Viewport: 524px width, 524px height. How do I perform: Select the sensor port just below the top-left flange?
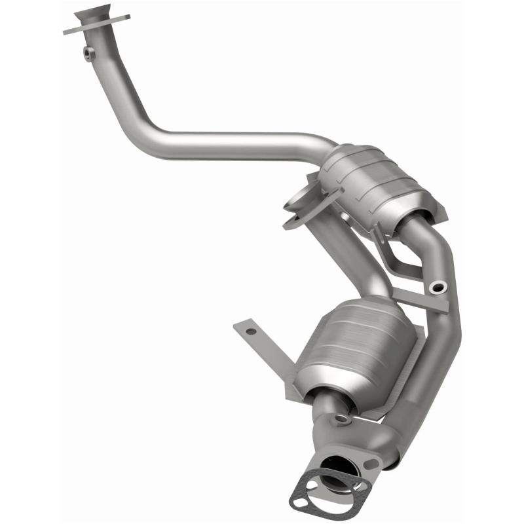(87, 52)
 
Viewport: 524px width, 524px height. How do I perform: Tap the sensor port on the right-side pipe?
(437, 286)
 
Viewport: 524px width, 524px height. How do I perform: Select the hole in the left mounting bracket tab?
(250, 331)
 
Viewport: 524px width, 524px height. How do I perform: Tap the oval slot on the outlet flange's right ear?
(372, 463)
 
